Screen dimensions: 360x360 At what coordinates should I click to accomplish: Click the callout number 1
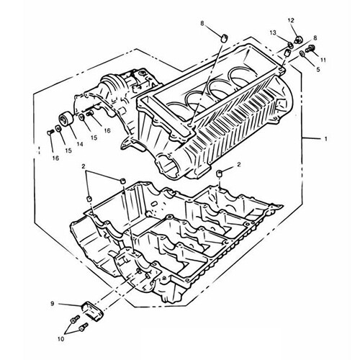pyautogui.click(x=325, y=139)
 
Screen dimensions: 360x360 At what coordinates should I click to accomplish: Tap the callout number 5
pyautogui.click(x=318, y=70)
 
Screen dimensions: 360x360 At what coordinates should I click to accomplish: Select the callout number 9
pyautogui.click(x=53, y=304)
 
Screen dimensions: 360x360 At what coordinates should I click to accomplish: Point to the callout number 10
pyautogui.click(x=61, y=339)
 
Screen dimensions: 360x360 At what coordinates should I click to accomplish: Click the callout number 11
pyautogui.click(x=323, y=60)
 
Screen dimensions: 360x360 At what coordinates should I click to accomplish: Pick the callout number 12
pyautogui.click(x=291, y=21)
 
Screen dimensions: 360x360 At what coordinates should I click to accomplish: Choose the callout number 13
pyautogui.click(x=273, y=32)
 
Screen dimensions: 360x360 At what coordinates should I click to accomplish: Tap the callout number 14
pyautogui.click(x=80, y=144)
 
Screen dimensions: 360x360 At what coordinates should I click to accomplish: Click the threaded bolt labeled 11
pyautogui.click(x=310, y=49)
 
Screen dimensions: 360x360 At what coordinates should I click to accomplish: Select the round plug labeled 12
pyautogui.click(x=298, y=40)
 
